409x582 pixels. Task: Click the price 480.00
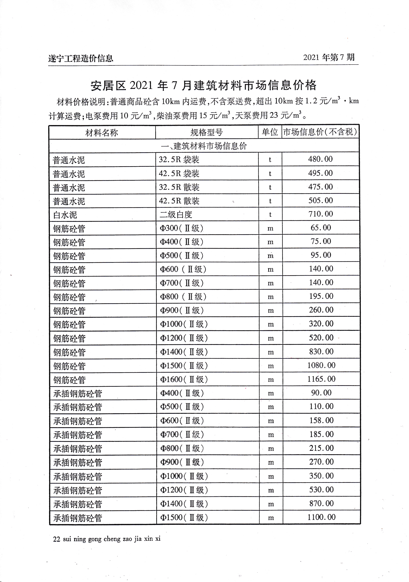tap(320, 159)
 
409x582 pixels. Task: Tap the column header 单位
tap(270, 132)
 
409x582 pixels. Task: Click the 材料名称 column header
tap(102, 133)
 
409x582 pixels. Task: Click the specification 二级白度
tap(176, 215)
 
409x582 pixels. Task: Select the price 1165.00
tap(321, 379)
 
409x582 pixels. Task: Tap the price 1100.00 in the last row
tap(321, 517)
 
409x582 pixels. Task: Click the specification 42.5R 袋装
tap(179, 174)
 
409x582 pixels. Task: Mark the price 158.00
tap(321, 420)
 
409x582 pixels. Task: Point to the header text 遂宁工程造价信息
tap(81, 59)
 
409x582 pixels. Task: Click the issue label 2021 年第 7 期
tap(329, 58)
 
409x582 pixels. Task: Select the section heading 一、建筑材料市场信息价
tap(204, 146)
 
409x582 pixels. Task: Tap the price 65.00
tap(321, 228)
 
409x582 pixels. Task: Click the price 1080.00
tap(321, 365)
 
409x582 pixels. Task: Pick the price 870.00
tap(321, 503)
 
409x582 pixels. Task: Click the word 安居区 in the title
tap(108, 86)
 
